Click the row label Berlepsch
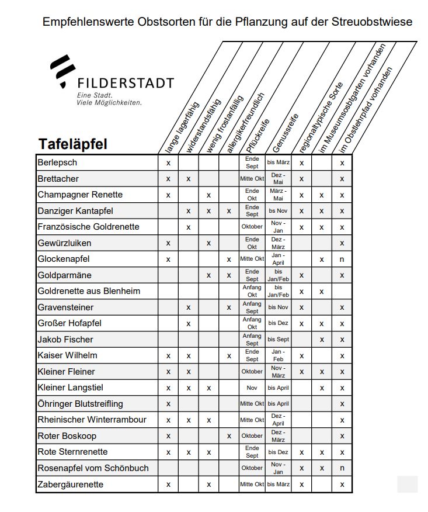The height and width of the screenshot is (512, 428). click(57, 162)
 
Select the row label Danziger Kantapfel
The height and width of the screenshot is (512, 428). click(75, 210)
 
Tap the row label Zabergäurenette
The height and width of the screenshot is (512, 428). click(70, 484)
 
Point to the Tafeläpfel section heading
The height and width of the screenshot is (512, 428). click(73, 144)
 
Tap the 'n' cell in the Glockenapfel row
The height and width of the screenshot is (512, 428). click(342, 259)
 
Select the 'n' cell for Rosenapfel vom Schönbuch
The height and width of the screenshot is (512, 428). click(342, 468)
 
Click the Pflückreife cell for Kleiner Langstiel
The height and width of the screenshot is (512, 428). click(252, 388)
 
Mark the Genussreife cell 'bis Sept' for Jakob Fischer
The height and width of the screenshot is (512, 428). click(278, 340)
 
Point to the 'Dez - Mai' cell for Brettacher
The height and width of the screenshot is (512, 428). click(278, 178)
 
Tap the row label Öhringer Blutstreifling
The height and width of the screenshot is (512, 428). click(80, 404)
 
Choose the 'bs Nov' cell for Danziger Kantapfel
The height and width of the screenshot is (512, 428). click(278, 210)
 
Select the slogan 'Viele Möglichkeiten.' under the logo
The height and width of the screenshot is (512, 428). click(109, 102)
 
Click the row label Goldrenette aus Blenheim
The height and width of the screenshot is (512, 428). click(89, 291)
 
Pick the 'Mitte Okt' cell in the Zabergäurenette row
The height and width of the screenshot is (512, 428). click(252, 485)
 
